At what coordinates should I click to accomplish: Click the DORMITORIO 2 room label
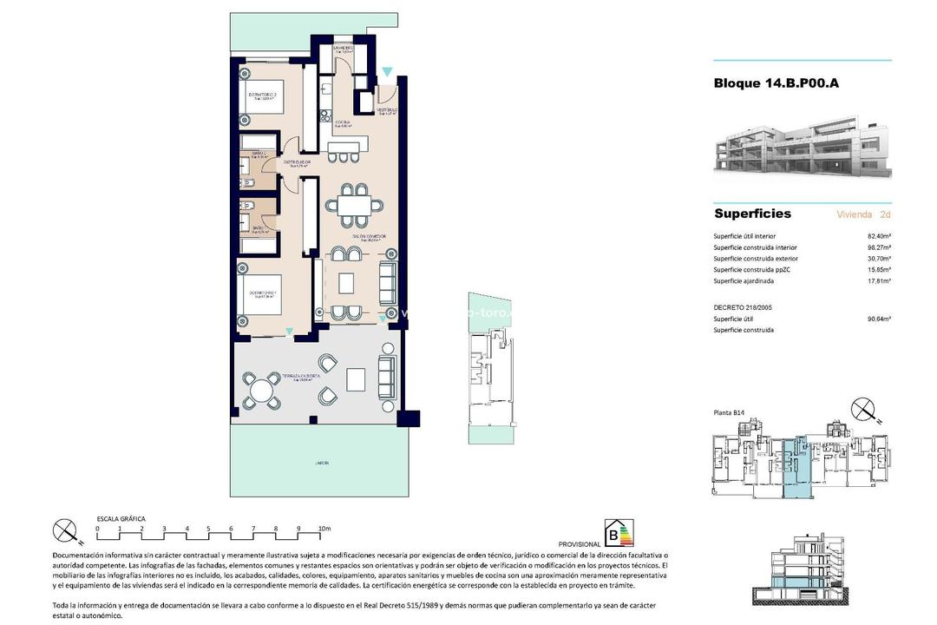(262, 95)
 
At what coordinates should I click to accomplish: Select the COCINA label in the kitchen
(344, 122)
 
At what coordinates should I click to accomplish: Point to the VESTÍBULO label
(386, 110)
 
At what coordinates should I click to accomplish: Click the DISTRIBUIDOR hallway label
(297, 162)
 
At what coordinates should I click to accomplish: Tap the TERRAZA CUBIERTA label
(301, 376)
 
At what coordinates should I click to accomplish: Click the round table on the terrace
(261, 391)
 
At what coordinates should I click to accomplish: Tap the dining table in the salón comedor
(353, 205)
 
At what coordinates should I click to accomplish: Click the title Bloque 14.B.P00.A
(776, 83)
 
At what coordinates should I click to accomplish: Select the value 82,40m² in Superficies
(879, 236)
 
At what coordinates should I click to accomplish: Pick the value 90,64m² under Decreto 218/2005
(879, 319)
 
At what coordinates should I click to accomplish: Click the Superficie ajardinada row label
(743, 281)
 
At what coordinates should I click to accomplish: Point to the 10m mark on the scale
(324, 528)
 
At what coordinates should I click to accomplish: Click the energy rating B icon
(619, 532)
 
